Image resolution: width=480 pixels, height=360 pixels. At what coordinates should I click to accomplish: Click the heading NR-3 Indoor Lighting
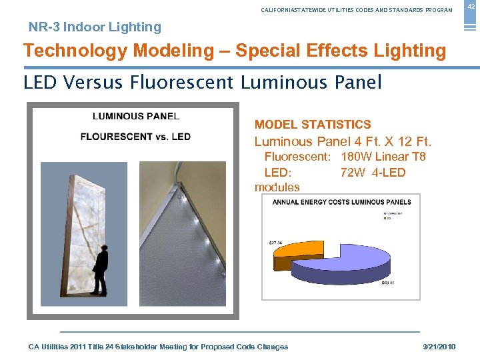[x=95, y=27]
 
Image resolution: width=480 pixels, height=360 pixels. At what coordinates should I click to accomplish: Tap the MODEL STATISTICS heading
[x=313, y=125]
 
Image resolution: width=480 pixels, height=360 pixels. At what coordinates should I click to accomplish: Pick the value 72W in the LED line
[x=354, y=173]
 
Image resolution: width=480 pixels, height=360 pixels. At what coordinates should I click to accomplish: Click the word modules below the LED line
[x=277, y=187]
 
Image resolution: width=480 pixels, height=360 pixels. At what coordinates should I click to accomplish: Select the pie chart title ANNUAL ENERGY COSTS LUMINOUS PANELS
[x=341, y=202]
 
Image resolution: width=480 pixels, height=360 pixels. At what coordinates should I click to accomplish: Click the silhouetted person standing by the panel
[x=100, y=270]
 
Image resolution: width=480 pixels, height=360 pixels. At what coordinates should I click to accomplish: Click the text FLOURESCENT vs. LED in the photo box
[x=135, y=137]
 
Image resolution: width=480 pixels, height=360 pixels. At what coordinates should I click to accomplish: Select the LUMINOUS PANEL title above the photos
[x=135, y=116]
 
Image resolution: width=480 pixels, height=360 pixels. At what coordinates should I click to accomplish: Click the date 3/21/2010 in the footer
[x=439, y=347]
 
